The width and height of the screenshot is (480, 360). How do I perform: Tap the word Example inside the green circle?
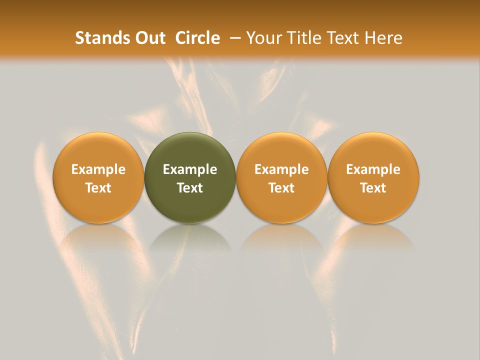pyautogui.click(x=190, y=169)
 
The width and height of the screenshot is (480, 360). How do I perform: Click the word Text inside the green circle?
pyautogui.click(x=190, y=188)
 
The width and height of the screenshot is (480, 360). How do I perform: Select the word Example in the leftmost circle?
pyautogui.click(x=98, y=169)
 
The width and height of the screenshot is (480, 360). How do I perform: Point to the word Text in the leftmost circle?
pyautogui.click(x=98, y=188)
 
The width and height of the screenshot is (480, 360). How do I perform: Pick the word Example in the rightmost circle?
pyautogui.click(x=373, y=169)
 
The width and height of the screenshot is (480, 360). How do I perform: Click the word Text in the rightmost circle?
pyautogui.click(x=373, y=188)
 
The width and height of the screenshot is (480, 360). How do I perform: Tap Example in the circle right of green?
pyautogui.click(x=281, y=169)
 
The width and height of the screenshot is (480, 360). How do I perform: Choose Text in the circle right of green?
pyautogui.click(x=281, y=188)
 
